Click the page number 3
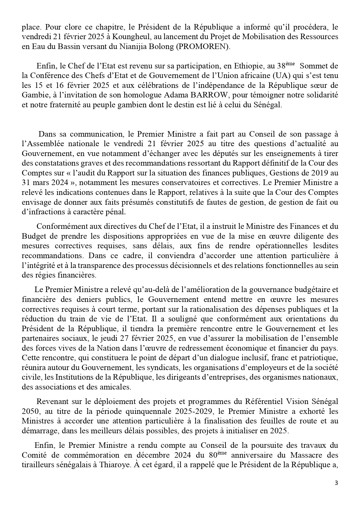337,483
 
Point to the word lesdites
324,246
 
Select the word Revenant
51,402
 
